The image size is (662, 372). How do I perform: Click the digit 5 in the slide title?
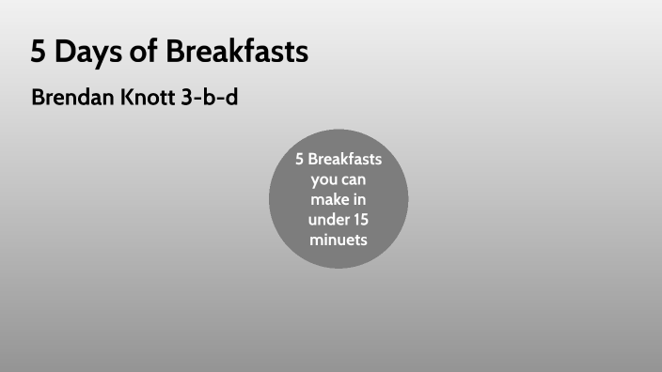38,53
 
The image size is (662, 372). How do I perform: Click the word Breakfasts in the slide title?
237,53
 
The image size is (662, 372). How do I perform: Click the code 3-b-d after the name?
210,98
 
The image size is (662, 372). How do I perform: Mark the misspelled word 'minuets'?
339,240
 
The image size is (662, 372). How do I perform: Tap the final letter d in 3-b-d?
231,98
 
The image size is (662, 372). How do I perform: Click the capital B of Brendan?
37,98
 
